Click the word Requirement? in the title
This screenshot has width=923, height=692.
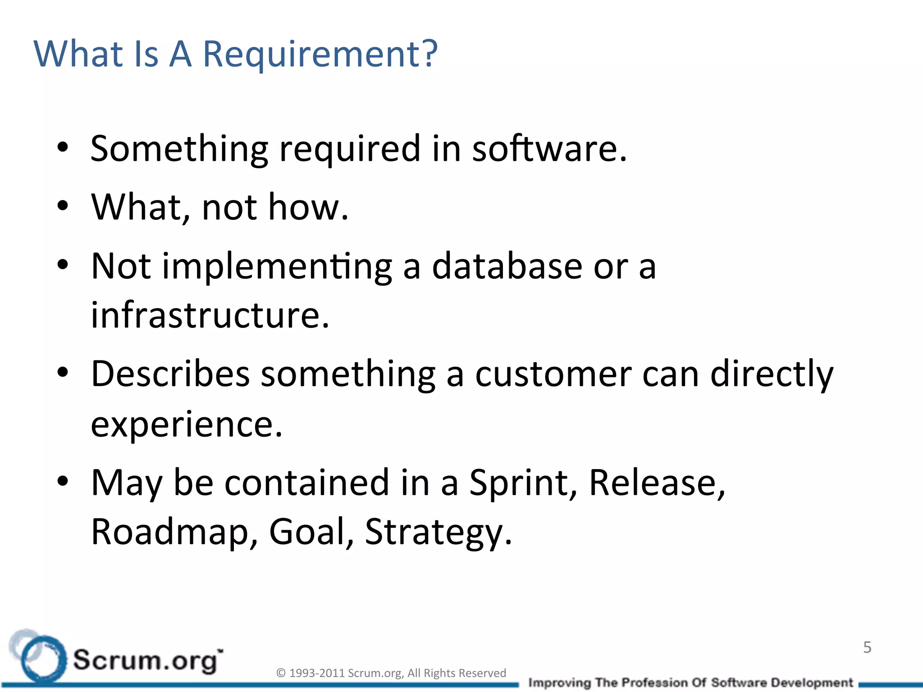(320, 54)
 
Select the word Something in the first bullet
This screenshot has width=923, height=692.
(179, 150)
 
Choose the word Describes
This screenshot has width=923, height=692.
(170, 374)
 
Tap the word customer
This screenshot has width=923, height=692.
(553, 375)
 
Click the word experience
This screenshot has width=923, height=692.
(186, 424)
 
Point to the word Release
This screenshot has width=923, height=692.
(657, 483)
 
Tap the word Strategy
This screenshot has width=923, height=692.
(438, 533)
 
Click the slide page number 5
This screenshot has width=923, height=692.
(867, 647)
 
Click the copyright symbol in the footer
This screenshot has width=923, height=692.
(281, 673)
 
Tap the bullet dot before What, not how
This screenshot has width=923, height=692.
(63, 206)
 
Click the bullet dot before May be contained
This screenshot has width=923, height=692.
(63, 482)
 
